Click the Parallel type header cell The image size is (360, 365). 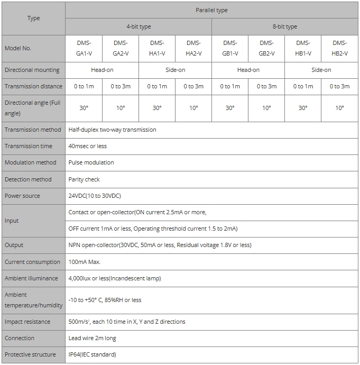click(x=211, y=10)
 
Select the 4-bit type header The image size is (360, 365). click(x=139, y=26)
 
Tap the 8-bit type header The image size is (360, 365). click(x=284, y=26)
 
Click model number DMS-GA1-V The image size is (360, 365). click(x=84, y=48)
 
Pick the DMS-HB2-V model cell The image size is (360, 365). click(x=339, y=48)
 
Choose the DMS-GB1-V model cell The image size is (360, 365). click(x=230, y=48)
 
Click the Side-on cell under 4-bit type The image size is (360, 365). click(x=175, y=70)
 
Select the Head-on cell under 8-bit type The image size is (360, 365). click(x=248, y=70)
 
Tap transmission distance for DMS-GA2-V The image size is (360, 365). click(x=121, y=86)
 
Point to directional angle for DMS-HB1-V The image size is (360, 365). click(x=303, y=108)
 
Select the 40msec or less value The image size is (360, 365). click(x=87, y=146)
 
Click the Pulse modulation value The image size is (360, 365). click(x=91, y=162)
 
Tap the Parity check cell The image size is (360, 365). click(x=84, y=179)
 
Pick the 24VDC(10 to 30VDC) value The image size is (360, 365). click(x=95, y=196)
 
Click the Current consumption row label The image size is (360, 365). click(x=32, y=262)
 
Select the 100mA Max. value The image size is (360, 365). click(x=85, y=262)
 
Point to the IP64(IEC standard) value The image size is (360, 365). click(x=92, y=354)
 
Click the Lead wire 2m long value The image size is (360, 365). click(x=92, y=338)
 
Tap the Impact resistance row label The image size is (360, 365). click(x=27, y=322)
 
